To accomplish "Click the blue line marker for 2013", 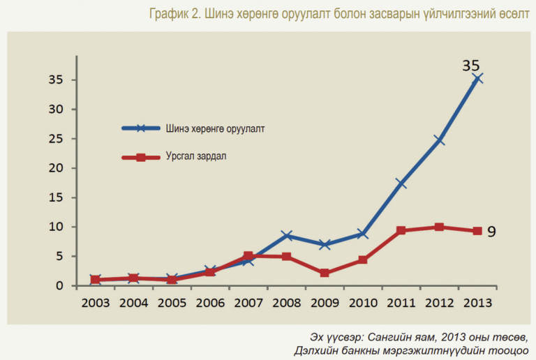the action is pyautogui.click(x=477, y=79).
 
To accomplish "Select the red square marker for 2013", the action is pyautogui.click(x=477, y=231).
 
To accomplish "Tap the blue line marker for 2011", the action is pyautogui.click(x=401, y=183).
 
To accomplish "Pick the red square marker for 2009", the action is pyautogui.click(x=325, y=273).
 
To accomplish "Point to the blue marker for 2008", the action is pyautogui.click(x=287, y=235).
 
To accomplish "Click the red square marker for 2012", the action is pyautogui.click(x=439, y=227).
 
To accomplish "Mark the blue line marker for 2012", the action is pyautogui.click(x=439, y=140).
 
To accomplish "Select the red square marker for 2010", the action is pyautogui.click(x=363, y=260).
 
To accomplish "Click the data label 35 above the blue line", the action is pyautogui.click(x=471, y=66).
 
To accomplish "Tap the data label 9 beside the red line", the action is pyautogui.click(x=491, y=232).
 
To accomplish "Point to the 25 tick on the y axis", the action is pyautogui.click(x=56, y=139).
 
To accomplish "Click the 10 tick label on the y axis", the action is pyautogui.click(x=56, y=227).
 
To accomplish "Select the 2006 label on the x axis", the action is pyautogui.click(x=210, y=303).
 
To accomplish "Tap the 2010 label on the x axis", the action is pyautogui.click(x=363, y=303).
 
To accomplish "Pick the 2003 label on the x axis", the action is pyautogui.click(x=96, y=303).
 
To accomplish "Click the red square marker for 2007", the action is pyautogui.click(x=248, y=255).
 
